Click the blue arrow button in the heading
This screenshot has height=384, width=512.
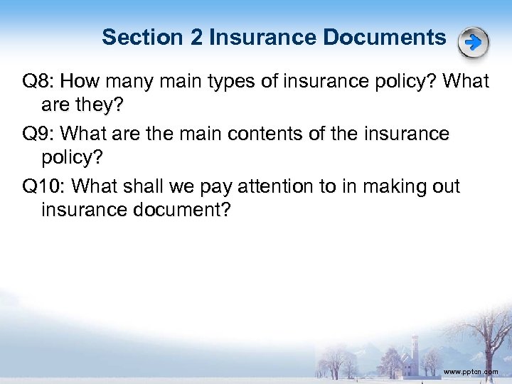coord(473,43)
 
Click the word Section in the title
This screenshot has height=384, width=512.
coord(142,37)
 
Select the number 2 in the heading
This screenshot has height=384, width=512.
coord(196,37)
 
